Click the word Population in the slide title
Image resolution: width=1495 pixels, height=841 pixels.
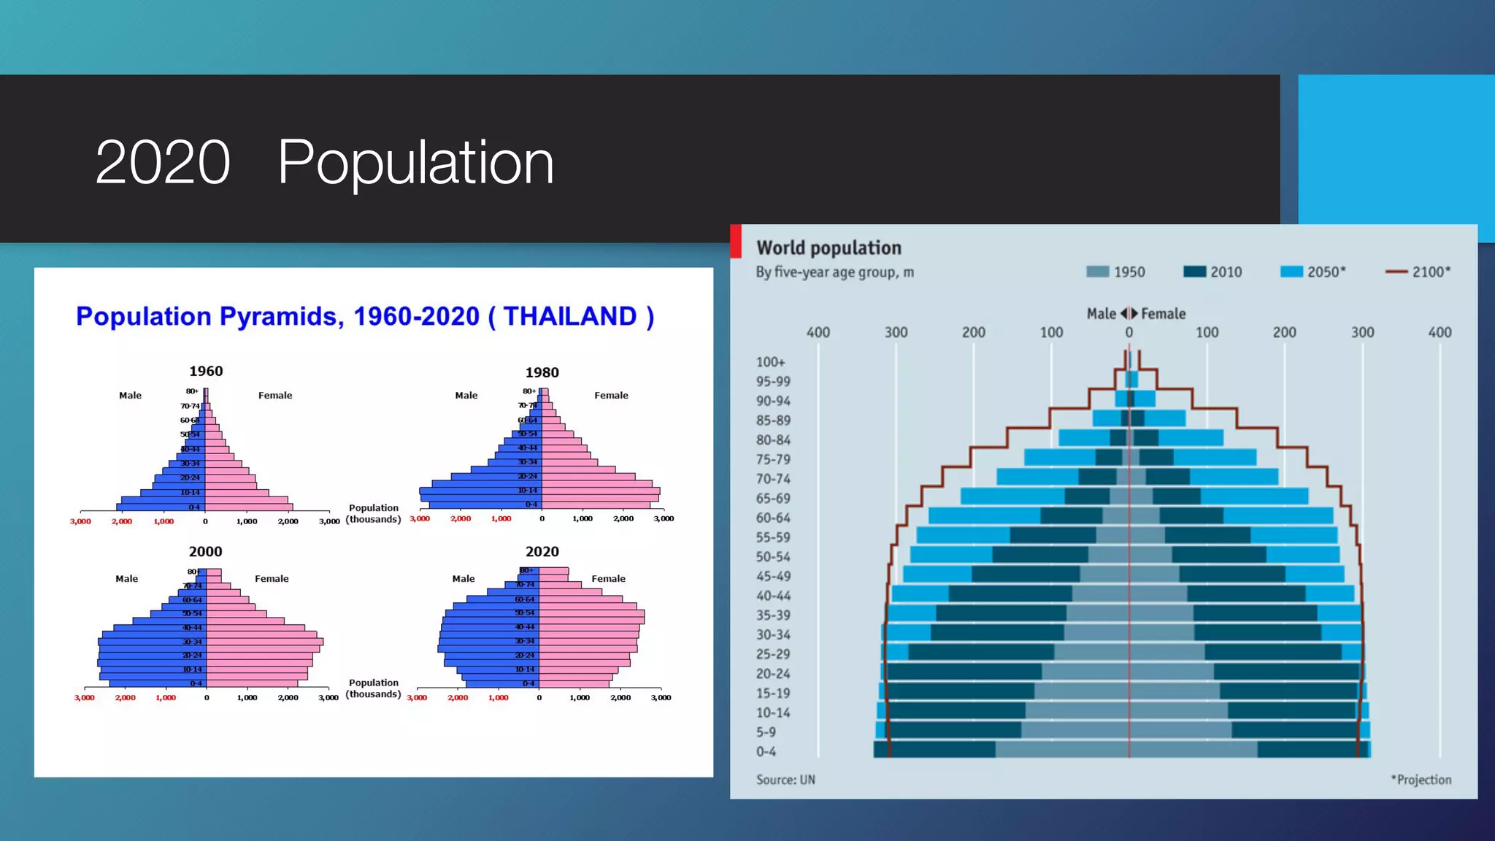(415, 162)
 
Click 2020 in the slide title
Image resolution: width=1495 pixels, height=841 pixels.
(162, 162)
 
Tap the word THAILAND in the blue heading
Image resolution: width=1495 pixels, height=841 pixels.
(570, 316)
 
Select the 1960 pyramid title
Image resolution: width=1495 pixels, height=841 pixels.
(206, 371)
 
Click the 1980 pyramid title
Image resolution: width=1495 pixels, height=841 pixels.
(542, 372)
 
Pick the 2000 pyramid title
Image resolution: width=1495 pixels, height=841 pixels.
(205, 552)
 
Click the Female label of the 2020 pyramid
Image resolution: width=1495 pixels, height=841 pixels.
(608, 578)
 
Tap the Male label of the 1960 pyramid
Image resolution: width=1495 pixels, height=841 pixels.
(130, 395)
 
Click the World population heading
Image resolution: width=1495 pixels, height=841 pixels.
(829, 248)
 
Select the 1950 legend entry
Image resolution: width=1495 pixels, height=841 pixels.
(1116, 272)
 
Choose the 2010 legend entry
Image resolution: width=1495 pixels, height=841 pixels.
(1213, 272)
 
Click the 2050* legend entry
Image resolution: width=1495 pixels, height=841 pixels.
(1313, 272)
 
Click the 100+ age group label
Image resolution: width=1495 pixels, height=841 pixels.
(770, 362)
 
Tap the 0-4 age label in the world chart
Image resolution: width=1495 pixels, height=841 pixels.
(766, 752)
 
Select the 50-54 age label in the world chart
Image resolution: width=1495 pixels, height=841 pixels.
(772, 557)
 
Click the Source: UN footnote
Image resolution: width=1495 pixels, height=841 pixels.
(785, 780)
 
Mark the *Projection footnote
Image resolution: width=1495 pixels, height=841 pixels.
(1421, 780)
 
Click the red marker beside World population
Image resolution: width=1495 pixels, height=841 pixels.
(736, 241)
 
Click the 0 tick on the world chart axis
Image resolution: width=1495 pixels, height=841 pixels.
(1129, 332)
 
